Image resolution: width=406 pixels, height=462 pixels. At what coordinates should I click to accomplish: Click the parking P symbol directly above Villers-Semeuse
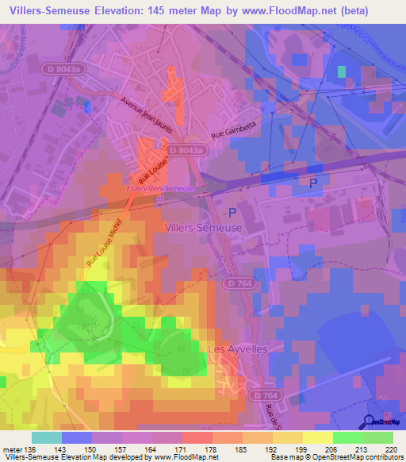tap(232, 212)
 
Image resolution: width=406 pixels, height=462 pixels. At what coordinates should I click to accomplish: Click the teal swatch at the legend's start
tap(47, 437)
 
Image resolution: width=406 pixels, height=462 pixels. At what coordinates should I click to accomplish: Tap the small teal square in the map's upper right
tap(342, 71)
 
